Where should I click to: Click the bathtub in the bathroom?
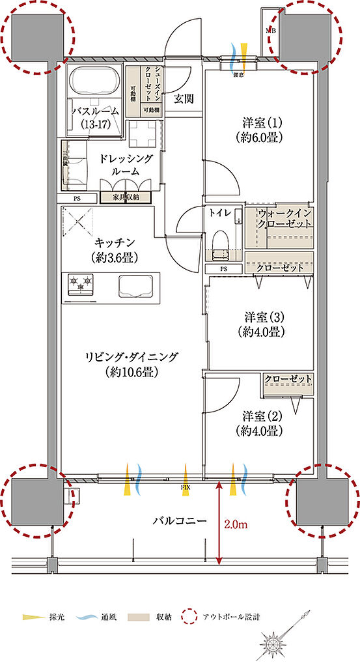pyautogui.click(x=94, y=82)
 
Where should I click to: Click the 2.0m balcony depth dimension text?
pyautogui.click(x=236, y=522)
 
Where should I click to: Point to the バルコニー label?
pyautogui.click(x=180, y=521)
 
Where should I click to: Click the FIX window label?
pyautogui.click(x=185, y=485)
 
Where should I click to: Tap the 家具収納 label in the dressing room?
pyautogui.click(x=126, y=196)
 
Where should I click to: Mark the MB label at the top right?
pyautogui.click(x=269, y=30)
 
